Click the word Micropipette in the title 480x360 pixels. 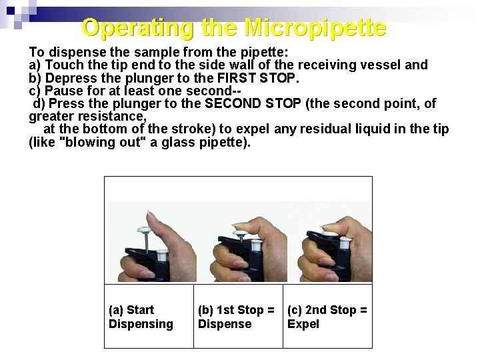(x=315, y=28)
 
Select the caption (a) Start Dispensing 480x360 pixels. (x=141, y=317)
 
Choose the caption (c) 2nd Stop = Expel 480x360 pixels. (x=327, y=317)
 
